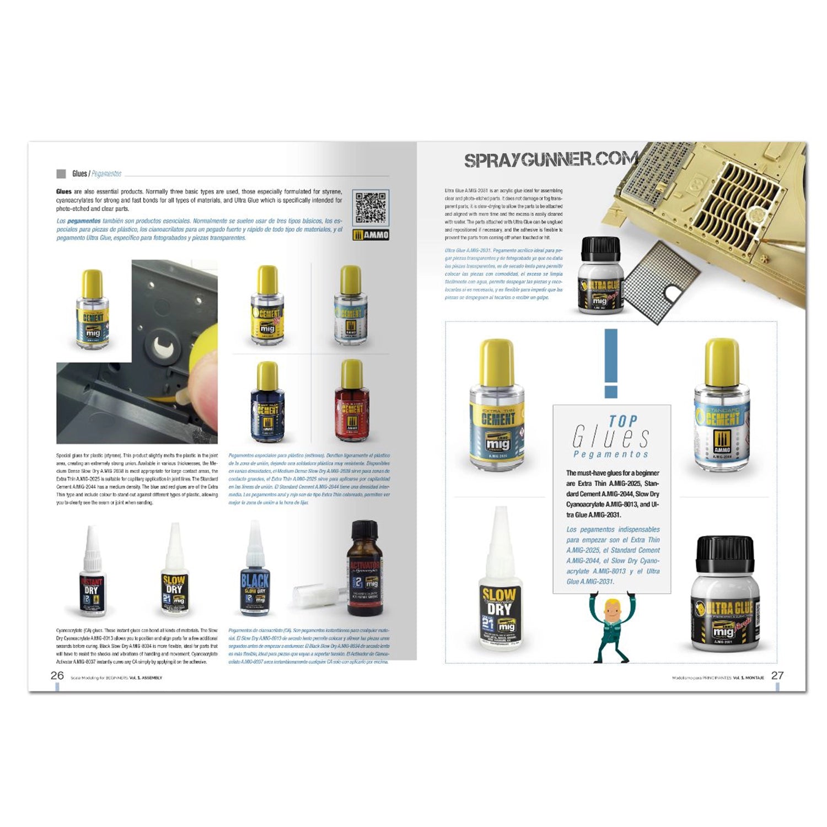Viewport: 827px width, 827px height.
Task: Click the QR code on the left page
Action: (370, 208)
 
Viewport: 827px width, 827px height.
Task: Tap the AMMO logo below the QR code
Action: (370, 235)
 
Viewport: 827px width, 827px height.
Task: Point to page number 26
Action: (57, 675)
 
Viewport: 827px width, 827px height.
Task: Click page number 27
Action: (777, 675)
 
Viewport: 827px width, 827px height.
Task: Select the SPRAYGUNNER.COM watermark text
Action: (551, 160)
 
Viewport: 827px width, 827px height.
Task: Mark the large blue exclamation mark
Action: (611, 363)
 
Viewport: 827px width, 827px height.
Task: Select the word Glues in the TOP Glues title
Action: (611, 438)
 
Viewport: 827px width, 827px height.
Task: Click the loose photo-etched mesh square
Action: (662, 281)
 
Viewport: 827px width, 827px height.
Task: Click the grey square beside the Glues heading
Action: (61, 174)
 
